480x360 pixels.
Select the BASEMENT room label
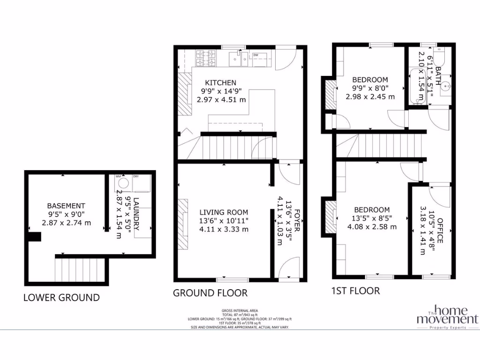66,206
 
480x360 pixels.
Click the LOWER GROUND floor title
61,297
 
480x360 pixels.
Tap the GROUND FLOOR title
210,293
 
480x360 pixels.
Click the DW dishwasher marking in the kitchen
256,55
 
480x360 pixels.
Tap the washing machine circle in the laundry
124,184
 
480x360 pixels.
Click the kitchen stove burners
207,58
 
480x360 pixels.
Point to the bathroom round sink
446,86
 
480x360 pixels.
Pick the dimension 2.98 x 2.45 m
370,97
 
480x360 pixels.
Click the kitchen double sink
239,59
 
